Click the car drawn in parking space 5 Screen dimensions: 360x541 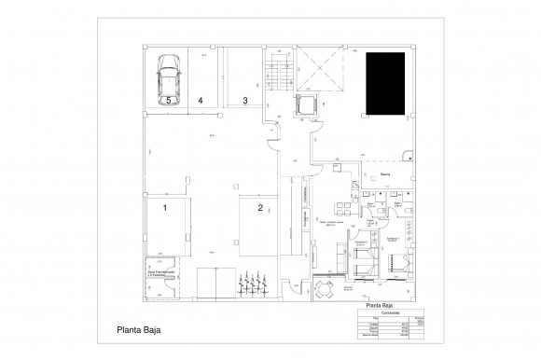click(x=168, y=73)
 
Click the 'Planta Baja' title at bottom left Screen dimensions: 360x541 click(x=139, y=328)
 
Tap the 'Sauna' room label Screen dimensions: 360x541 click(x=383, y=174)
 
